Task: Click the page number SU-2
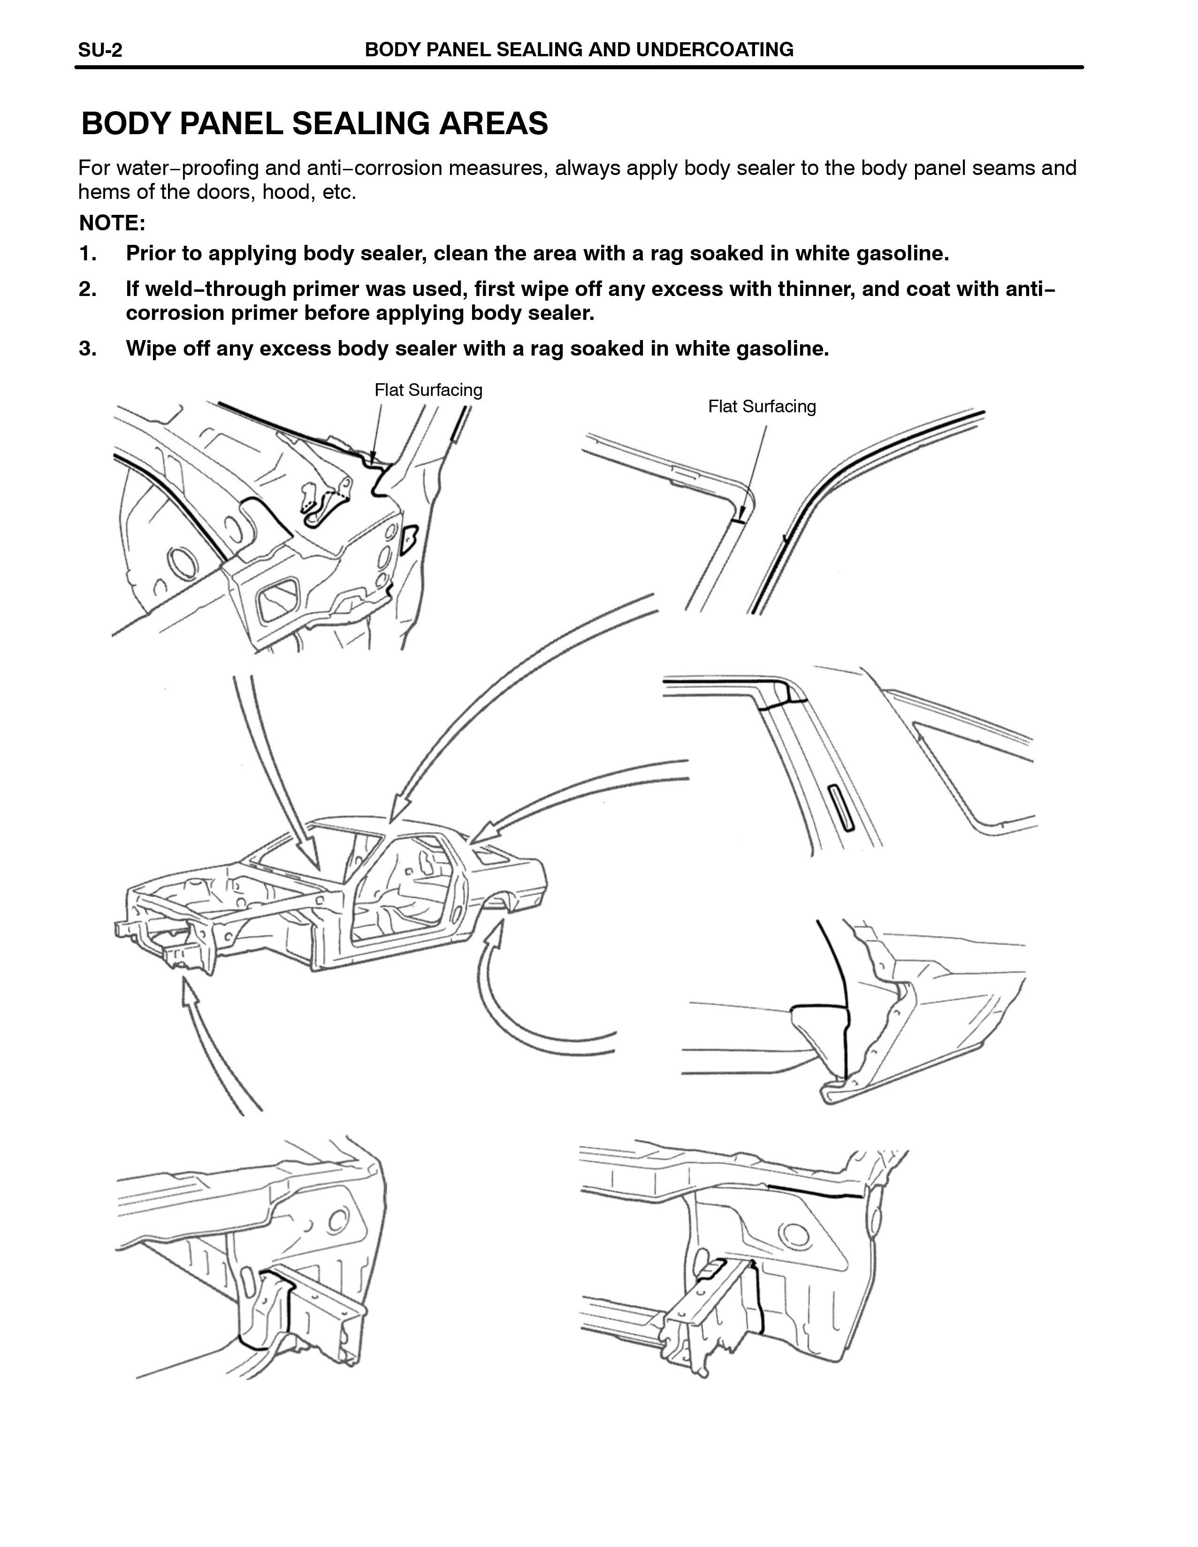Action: pos(100,50)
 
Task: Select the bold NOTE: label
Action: pos(112,223)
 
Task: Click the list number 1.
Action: pos(86,254)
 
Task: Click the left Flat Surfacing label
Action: pos(428,390)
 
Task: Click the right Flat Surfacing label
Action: pos(762,407)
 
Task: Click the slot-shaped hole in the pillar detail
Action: pos(842,807)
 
